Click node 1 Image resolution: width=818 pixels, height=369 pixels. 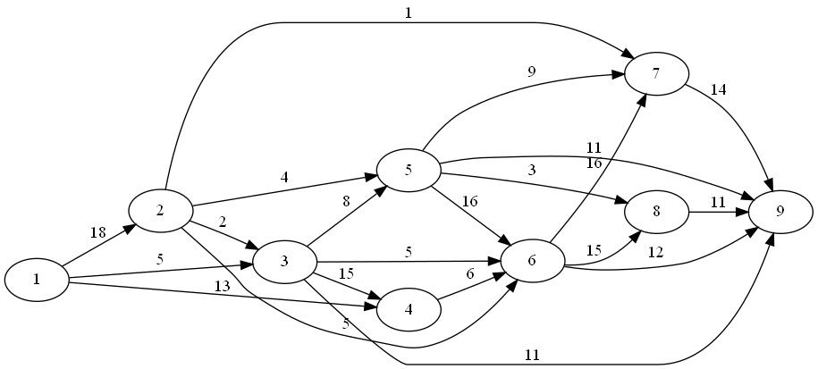click(37, 280)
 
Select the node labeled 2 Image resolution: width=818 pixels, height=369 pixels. click(161, 210)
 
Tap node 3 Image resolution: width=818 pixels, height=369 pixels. click(285, 261)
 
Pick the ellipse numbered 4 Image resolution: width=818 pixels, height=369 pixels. click(409, 310)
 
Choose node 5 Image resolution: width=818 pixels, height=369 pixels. click(409, 170)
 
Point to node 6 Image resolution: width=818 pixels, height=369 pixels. click(533, 261)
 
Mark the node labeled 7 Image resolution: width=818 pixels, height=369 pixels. click(656, 74)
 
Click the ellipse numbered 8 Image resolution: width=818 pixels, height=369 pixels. click(656, 213)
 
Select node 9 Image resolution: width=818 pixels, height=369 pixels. click(780, 213)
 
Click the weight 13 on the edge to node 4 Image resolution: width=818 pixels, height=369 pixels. click(223, 285)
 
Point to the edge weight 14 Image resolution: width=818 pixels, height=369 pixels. click(718, 89)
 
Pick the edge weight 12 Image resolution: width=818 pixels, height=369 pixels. click(656, 253)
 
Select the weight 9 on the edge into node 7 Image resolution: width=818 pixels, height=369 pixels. click(532, 71)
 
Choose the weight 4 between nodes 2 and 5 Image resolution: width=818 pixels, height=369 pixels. click(285, 178)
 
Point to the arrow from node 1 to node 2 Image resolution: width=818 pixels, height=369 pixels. click(99, 245)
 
